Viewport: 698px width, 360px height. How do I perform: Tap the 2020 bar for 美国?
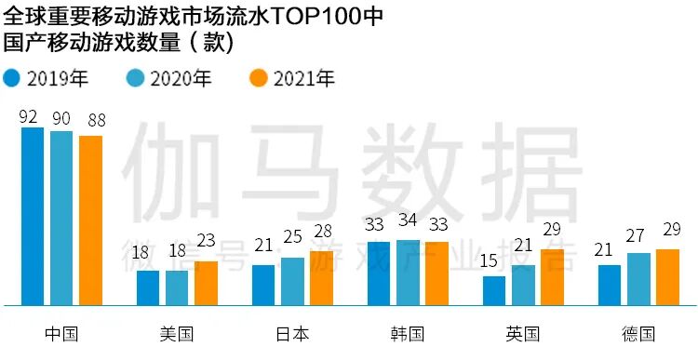coord(177,287)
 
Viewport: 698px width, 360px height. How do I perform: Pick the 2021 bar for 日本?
coord(321,278)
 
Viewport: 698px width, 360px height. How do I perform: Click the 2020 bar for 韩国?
coord(408,272)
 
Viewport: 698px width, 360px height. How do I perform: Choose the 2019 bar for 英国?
coord(494,290)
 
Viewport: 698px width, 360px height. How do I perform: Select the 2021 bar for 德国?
coord(667,277)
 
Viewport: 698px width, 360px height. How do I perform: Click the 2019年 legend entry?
coord(46,78)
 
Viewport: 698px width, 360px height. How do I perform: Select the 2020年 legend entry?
coord(169,78)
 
